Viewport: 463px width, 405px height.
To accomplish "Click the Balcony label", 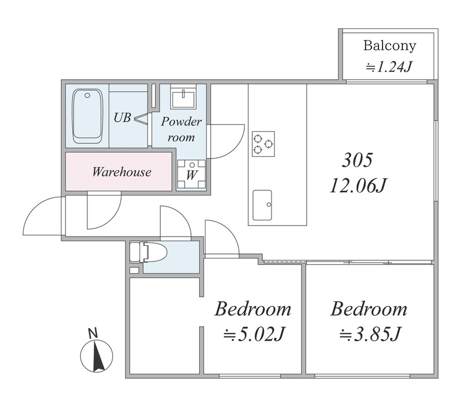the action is pyautogui.click(x=389, y=46).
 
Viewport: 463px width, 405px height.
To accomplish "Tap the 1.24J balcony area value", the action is pyautogui.click(x=389, y=67).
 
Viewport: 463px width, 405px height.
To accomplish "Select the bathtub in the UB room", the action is pyautogui.click(x=88, y=116).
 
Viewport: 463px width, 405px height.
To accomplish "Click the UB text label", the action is pyautogui.click(x=122, y=117).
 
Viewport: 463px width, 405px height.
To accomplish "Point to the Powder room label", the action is pyautogui.click(x=181, y=130).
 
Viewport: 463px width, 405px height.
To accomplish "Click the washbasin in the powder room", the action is pyautogui.click(x=183, y=96).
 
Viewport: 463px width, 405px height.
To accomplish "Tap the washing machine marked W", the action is pyautogui.click(x=192, y=174).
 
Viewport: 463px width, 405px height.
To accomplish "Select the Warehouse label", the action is pyautogui.click(x=122, y=172).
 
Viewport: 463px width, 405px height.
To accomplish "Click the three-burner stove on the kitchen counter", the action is pyautogui.click(x=263, y=143).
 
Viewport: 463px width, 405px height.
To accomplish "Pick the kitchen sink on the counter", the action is pyautogui.click(x=262, y=205).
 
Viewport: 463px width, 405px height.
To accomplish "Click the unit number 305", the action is pyautogui.click(x=358, y=160).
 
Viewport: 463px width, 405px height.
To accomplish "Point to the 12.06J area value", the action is pyautogui.click(x=358, y=185).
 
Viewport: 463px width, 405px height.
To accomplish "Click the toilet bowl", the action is pyautogui.click(x=149, y=252).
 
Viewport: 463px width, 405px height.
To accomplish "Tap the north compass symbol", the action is pyautogui.click(x=97, y=356).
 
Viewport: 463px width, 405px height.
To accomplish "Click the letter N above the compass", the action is pyautogui.click(x=93, y=333).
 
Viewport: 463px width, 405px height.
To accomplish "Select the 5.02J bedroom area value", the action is pyautogui.click(x=254, y=334).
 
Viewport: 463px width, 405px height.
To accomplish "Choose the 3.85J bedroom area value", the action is pyautogui.click(x=370, y=334).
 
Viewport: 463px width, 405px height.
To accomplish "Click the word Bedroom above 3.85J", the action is pyautogui.click(x=369, y=309).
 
